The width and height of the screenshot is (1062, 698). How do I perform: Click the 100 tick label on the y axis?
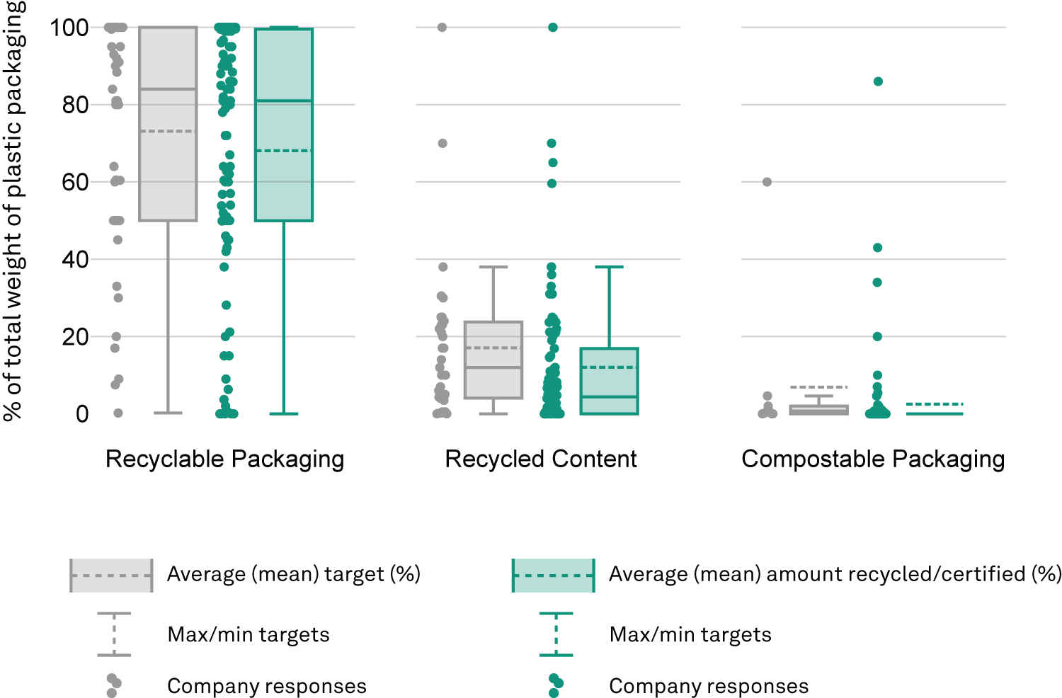point(69,28)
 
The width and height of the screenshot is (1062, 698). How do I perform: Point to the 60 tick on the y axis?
point(75,183)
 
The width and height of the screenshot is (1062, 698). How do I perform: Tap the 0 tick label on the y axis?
point(83,414)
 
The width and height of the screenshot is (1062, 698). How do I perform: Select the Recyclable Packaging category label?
point(224,459)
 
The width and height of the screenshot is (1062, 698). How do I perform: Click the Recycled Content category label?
point(540,459)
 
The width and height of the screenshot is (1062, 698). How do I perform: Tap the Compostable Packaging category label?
point(873,459)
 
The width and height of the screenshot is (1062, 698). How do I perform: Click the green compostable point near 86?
point(878,81)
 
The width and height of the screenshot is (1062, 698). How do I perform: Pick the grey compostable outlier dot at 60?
point(767,182)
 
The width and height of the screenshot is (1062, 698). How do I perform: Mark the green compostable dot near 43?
point(878,248)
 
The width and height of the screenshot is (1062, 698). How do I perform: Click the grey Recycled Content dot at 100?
point(442,28)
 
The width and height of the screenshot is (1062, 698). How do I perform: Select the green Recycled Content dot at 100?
point(553,28)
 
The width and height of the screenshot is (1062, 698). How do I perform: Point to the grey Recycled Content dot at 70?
point(442,143)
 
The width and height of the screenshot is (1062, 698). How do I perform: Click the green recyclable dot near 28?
point(226,305)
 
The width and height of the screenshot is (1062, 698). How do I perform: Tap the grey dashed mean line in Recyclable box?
point(169,131)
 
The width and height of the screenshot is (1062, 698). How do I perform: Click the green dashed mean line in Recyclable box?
point(284,151)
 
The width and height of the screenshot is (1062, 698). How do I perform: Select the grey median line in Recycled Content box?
point(493,367)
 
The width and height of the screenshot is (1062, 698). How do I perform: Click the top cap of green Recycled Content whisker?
point(609,267)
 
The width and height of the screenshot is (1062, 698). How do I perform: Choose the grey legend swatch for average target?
point(111,576)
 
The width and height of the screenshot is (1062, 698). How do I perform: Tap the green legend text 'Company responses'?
point(709,686)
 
